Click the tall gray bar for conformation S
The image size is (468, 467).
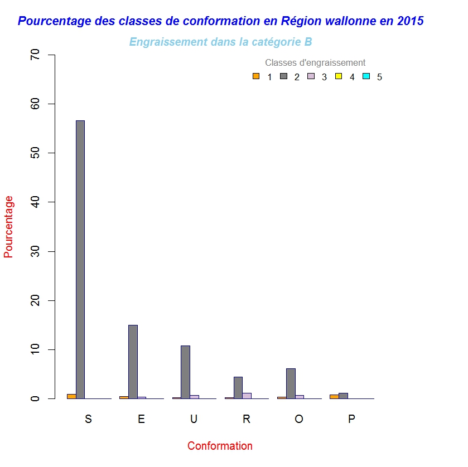tap(80, 259)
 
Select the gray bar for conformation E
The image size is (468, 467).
tap(133, 362)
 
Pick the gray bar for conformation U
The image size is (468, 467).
tap(185, 372)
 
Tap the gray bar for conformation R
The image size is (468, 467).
tap(238, 387)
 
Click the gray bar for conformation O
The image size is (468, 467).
tap(291, 383)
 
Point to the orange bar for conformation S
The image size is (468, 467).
tap(71, 396)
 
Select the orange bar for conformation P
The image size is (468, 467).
tap(334, 396)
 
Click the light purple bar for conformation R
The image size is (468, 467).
tap(247, 396)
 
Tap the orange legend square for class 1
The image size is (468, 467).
tap(256, 76)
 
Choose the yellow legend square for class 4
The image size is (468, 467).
tap(338, 76)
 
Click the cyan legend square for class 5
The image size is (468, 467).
tap(366, 76)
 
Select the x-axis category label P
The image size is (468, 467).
tap(351, 420)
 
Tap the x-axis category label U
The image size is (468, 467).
tap(194, 420)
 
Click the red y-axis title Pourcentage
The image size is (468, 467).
tap(9, 226)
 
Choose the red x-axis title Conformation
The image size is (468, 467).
tap(220, 446)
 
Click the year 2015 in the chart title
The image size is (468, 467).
tap(411, 21)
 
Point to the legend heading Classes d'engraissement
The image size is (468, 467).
tap(315, 62)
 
